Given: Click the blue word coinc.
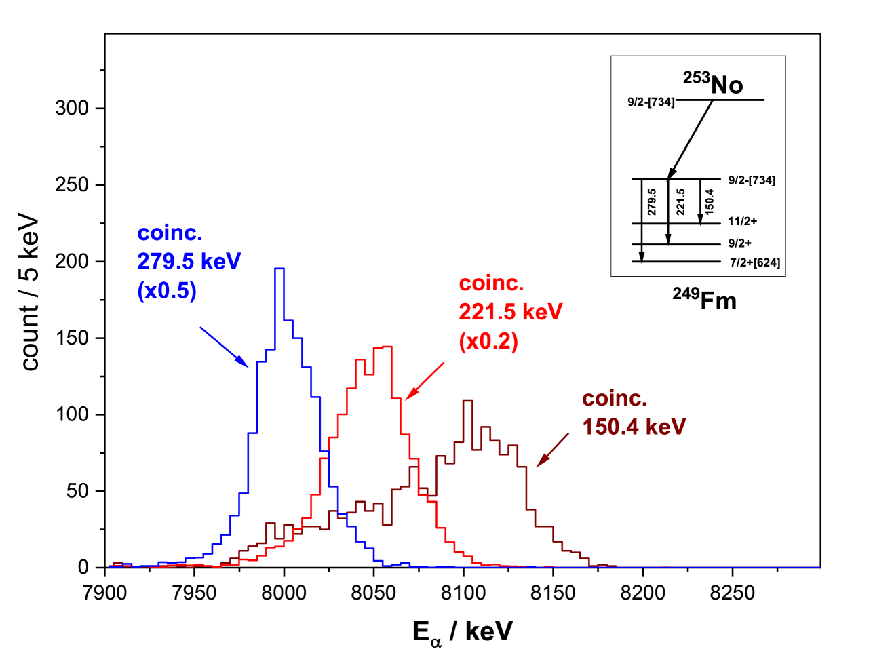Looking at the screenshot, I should (170, 233).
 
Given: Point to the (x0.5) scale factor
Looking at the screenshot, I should (167, 291).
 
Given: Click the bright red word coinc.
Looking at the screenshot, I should (491, 283).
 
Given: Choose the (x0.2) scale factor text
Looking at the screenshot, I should (488, 341).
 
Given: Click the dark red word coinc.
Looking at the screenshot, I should (615, 399).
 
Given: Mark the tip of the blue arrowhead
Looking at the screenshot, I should (250, 367).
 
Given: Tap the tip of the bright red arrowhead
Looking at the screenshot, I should (405, 400).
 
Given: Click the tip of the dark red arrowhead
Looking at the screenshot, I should (537, 467).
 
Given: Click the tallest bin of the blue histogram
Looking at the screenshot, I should (279, 269).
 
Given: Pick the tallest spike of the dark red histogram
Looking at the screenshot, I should (467, 401).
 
